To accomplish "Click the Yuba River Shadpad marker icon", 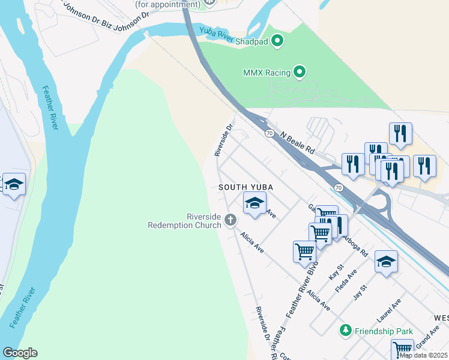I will click(277, 41).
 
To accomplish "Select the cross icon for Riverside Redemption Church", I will click(230, 221).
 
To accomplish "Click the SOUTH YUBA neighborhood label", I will click(246, 187).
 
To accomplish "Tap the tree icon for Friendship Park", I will click(345, 331).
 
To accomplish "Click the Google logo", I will click(20, 353).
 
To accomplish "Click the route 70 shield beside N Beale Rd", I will click(270, 133).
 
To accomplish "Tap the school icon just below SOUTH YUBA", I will click(255, 204).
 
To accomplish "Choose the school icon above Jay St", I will click(386, 262).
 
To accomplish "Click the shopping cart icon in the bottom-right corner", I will click(402, 349).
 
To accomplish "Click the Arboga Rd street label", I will click(355, 245).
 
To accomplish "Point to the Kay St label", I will click(335, 272).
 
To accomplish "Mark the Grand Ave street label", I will click(427, 341).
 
